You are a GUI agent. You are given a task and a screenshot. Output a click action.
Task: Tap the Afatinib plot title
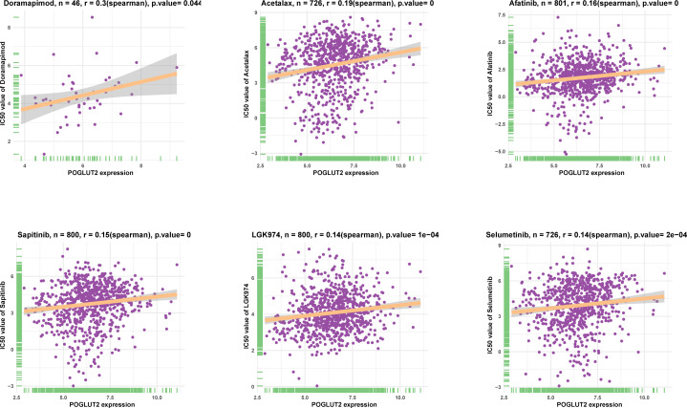(583, 6)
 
